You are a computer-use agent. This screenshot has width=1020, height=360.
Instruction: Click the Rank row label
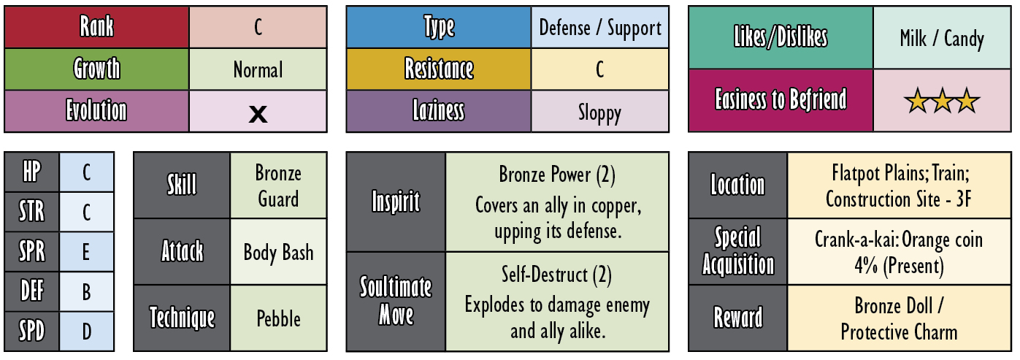click(x=96, y=26)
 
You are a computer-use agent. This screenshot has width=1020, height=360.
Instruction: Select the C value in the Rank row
click(x=258, y=27)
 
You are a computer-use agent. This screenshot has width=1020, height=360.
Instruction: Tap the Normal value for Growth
click(x=258, y=70)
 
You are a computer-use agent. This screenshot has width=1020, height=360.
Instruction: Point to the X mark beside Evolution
click(x=258, y=113)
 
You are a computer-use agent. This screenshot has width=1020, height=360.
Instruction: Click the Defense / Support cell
click(x=599, y=27)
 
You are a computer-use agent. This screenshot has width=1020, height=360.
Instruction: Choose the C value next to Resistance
click(x=599, y=69)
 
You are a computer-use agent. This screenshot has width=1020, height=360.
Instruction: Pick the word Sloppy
click(x=599, y=113)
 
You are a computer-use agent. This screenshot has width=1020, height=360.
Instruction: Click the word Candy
click(x=964, y=39)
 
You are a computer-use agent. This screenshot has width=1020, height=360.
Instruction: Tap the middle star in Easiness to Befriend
click(x=941, y=102)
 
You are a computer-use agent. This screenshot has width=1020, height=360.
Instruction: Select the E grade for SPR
click(x=86, y=252)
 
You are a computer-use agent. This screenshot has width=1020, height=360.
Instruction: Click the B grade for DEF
click(x=86, y=292)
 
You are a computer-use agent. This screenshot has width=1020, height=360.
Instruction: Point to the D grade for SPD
click(x=86, y=332)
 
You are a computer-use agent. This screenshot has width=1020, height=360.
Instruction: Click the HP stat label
click(x=31, y=172)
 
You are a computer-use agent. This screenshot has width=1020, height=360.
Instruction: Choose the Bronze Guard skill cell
click(x=278, y=185)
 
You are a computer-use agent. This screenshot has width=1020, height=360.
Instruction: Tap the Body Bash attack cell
click(x=278, y=252)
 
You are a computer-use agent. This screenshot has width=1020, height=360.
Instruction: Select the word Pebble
click(x=278, y=318)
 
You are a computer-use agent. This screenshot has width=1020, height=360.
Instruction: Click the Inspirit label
click(x=396, y=201)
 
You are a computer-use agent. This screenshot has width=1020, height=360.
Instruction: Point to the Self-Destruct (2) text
click(x=556, y=275)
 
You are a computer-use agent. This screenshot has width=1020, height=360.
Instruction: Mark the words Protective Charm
click(x=899, y=332)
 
